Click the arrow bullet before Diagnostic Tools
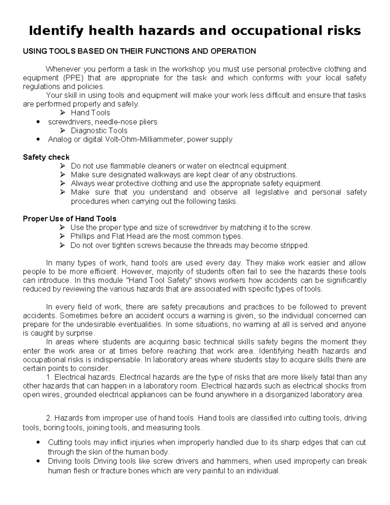coord(63,131)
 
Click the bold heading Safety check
coord(46,157)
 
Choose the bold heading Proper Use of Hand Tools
coord(69,219)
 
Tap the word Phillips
coord(82,236)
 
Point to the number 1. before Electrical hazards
coord(49,377)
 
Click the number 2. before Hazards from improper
coord(49,418)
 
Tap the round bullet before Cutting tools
coord(39,443)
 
